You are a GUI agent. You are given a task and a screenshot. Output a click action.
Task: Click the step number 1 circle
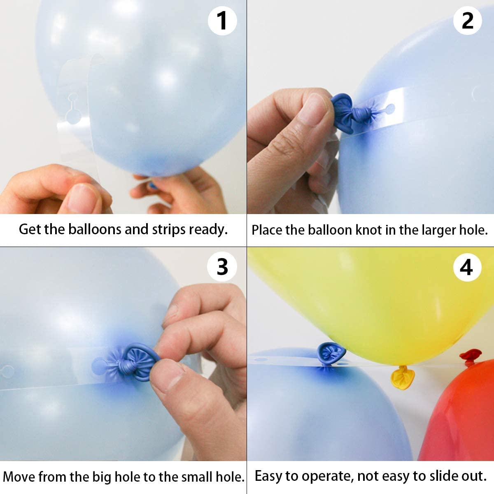(x=222, y=21)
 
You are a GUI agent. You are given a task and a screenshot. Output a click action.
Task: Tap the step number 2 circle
(x=468, y=21)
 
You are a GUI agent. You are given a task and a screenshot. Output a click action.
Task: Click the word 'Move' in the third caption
(x=19, y=477)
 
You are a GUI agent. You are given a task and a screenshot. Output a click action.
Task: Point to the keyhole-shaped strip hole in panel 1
(x=73, y=105)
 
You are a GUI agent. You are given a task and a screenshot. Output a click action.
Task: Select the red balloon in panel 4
(x=461, y=416)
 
